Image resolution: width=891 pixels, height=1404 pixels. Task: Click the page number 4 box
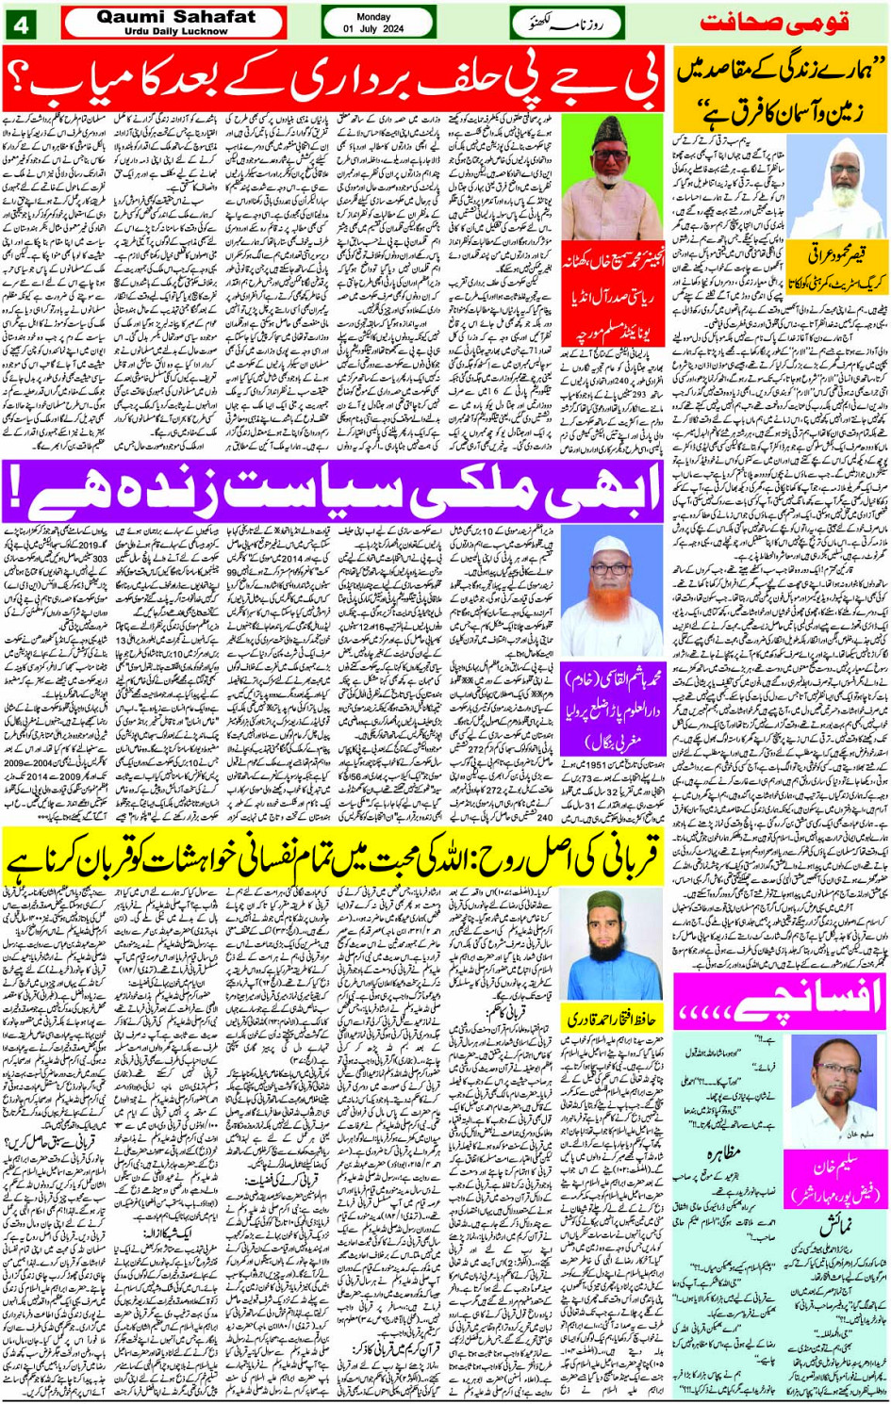(21, 23)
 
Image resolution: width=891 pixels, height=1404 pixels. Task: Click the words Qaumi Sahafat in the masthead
(176, 16)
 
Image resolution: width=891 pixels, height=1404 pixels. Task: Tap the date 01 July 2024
(374, 29)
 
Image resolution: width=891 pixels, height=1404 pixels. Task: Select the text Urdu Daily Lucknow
(176, 31)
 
